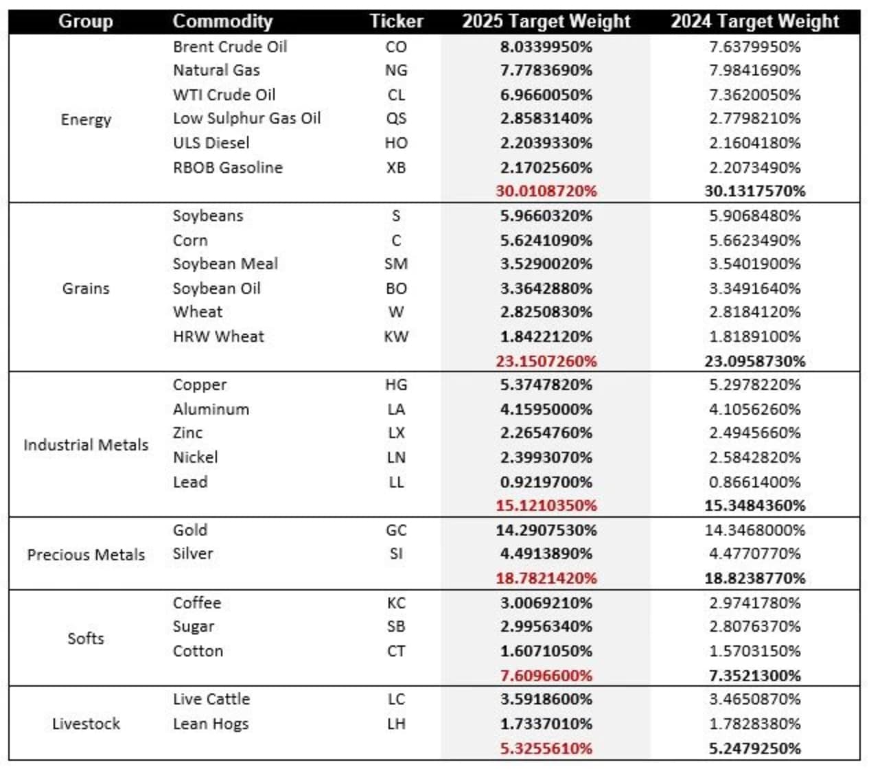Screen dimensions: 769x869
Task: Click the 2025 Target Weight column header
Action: click(x=546, y=21)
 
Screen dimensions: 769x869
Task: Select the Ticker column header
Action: click(x=396, y=21)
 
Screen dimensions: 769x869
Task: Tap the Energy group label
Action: click(x=86, y=119)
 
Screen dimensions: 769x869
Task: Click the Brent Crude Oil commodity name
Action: click(x=230, y=47)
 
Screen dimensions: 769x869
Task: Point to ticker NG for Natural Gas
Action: click(x=396, y=70)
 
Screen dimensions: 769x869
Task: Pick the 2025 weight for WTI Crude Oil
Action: click(x=546, y=95)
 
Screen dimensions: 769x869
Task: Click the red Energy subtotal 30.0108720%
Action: click(x=546, y=191)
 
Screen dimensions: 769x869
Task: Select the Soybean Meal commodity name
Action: click(x=225, y=264)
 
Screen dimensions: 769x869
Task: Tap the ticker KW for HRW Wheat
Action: click(x=396, y=336)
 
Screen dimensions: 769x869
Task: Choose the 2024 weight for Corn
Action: click(x=754, y=240)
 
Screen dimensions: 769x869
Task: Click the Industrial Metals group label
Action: click(x=86, y=445)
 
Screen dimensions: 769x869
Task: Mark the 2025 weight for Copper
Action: click(x=546, y=384)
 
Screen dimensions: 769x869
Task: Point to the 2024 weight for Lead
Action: click(x=754, y=482)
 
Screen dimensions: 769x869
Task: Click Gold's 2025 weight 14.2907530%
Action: click(x=546, y=530)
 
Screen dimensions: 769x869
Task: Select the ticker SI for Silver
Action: click(x=396, y=553)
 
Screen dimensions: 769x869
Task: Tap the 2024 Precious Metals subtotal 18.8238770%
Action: click(x=754, y=578)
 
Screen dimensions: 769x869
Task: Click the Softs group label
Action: click(x=86, y=639)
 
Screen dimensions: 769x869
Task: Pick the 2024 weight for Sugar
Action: click(x=754, y=626)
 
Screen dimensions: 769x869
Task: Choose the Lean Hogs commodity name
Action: click(x=211, y=724)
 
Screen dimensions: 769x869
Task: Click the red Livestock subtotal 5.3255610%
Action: click(x=546, y=748)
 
